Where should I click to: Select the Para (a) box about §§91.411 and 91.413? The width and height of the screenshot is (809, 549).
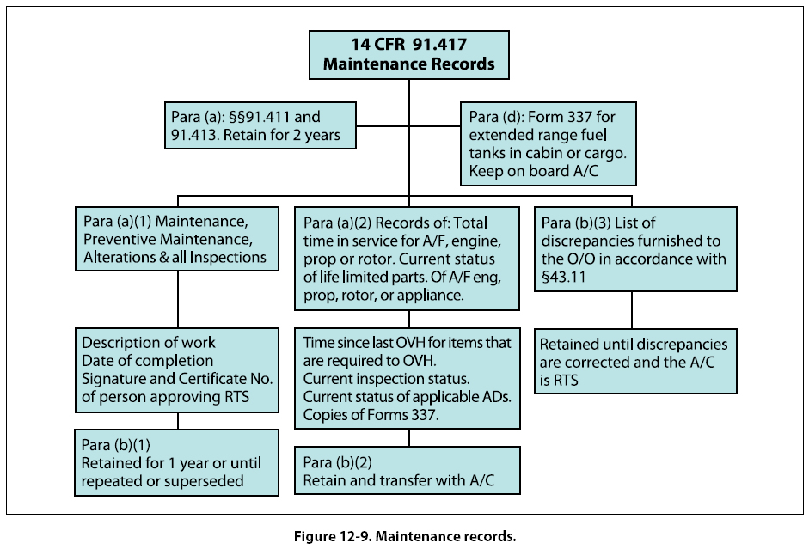[x=259, y=125]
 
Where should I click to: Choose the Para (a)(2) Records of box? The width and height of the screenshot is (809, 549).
[x=408, y=257]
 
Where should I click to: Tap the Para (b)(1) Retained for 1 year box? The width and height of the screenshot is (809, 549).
[x=176, y=462]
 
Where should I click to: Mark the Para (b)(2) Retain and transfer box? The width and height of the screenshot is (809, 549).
[x=408, y=470]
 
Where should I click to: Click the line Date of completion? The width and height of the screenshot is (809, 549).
[x=147, y=360]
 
